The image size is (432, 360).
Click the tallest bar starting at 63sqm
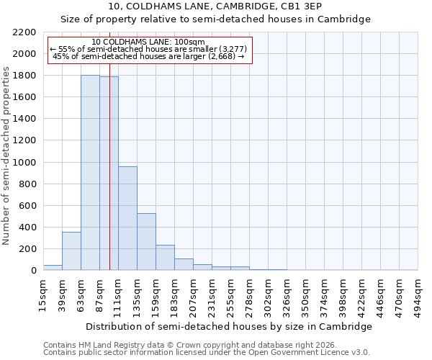[90, 173]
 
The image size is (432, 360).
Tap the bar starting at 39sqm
[71, 251]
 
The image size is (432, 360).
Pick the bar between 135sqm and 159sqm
[146, 242]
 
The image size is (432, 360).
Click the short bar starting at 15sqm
[53, 268]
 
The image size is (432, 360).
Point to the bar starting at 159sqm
[165, 258]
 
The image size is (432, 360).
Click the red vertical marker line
[109, 180]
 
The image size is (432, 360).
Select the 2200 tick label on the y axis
[24, 32]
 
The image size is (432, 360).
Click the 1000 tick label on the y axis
[24, 163]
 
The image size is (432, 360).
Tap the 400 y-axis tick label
[27, 228]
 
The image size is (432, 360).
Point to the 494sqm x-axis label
[418, 296]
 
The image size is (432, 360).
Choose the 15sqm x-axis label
[43, 294]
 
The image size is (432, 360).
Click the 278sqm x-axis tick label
[249, 296]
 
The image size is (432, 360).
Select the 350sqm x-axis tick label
[305, 296]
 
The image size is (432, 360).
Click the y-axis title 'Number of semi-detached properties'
[6, 156]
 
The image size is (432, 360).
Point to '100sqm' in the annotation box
[189, 42]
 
